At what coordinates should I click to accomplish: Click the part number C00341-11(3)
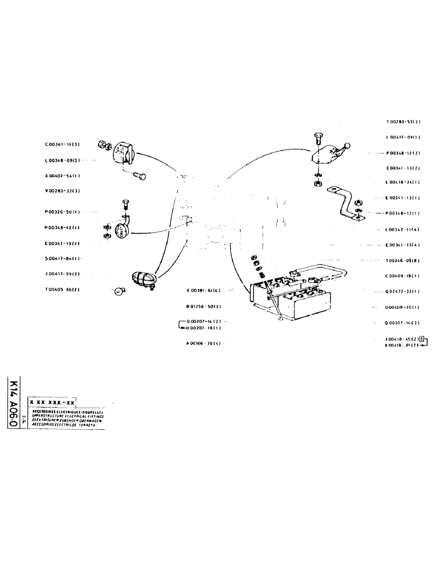tap(62, 145)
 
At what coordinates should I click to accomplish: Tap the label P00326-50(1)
tap(62, 211)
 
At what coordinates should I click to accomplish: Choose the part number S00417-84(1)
tap(62, 258)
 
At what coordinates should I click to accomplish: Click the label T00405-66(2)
tap(62, 290)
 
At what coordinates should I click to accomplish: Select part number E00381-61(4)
tap(203, 290)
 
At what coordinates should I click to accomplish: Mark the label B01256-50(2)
tap(203, 306)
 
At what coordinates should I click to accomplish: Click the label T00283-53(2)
tap(403, 122)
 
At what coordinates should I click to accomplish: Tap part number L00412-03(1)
tap(403, 137)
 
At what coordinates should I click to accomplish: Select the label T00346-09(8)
tap(403, 260)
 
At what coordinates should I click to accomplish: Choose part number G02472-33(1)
tap(403, 291)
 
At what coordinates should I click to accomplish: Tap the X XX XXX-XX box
tap(52, 402)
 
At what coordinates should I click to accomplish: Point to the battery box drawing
tap(291, 299)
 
